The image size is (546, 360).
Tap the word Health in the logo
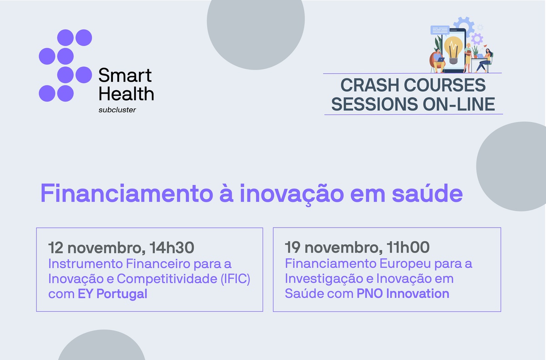point(126,94)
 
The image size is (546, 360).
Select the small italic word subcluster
point(117,110)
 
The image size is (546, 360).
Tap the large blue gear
point(464,26)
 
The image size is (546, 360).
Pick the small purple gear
point(476,39)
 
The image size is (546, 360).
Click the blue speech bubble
point(440,30)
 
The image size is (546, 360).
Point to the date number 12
point(56,248)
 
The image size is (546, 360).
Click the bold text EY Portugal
point(112,294)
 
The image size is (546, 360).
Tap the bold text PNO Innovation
point(403,294)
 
